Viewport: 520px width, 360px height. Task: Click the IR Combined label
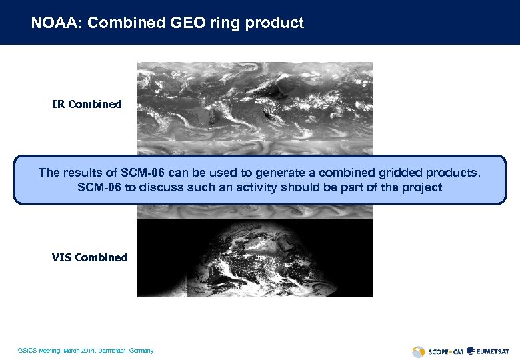click(x=87, y=104)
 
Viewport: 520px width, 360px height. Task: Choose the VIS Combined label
click(x=89, y=257)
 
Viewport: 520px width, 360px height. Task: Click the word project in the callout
click(x=421, y=187)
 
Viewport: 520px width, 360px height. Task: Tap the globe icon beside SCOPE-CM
click(x=418, y=351)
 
